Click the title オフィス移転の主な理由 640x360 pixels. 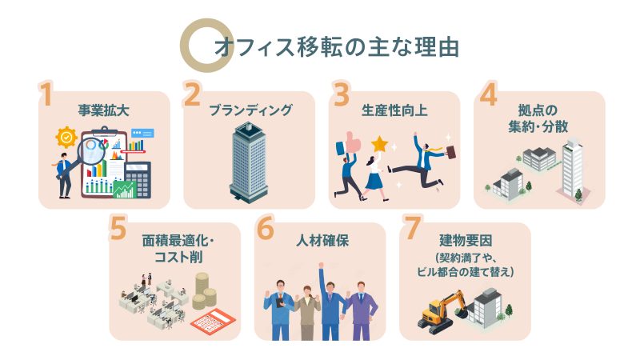336,46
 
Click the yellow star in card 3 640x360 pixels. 378,147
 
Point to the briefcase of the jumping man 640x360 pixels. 451,152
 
